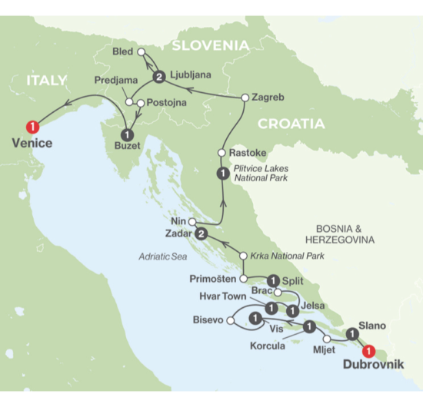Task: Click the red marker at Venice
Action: [32, 126]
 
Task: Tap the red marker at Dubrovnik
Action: [369, 351]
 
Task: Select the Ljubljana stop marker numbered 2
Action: [160, 77]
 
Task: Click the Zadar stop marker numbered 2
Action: [202, 234]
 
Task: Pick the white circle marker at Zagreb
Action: [245, 98]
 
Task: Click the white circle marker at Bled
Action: [142, 51]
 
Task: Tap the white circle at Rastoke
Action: [221, 152]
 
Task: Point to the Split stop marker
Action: [272, 280]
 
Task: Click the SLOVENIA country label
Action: [210, 45]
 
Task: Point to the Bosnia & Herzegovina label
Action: [339, 234]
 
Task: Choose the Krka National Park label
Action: [288, 256]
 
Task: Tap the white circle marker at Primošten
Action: [243, 279]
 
